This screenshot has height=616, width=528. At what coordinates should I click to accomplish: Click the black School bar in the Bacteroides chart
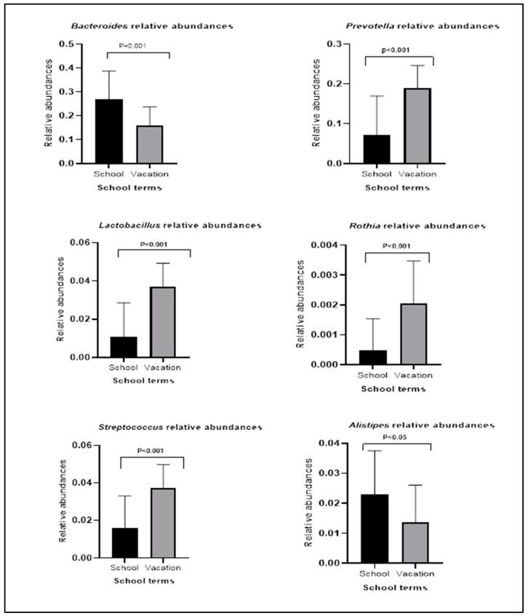[107, 132]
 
